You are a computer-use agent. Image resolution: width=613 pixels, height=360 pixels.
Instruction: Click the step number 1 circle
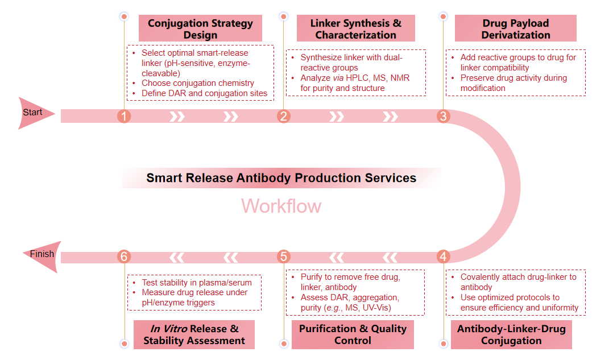pos(124,116)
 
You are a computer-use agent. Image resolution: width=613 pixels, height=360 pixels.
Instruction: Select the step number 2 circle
pos(284,116)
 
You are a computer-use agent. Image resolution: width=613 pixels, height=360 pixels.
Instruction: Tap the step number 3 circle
pos(443,116)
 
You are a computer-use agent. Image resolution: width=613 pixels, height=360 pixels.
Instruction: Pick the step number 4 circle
pos(443,256)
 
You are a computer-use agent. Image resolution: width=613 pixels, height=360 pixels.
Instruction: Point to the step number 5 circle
pos(284,256)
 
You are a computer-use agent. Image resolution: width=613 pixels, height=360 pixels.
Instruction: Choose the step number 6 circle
pos(124,256)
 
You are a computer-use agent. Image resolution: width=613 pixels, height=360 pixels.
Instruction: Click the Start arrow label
pos(33,113)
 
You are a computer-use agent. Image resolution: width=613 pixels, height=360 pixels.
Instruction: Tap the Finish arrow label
pos(42,254)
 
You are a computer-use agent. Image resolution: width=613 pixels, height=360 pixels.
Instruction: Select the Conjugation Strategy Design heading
pos(200,28)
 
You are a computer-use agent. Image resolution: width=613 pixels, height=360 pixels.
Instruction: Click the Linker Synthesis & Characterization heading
pos(355,28)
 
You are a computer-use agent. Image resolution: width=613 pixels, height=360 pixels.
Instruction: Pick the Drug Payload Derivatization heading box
pos(515,28)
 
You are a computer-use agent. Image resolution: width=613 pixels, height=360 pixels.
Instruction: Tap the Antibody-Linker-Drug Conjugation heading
pos(511,334)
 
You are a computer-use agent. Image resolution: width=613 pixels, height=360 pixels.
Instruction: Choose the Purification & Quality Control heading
pos(353,334)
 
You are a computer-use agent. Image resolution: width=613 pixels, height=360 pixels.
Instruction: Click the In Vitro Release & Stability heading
pos(194,334)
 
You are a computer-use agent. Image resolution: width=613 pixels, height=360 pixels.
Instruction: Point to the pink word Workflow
pos(281,205)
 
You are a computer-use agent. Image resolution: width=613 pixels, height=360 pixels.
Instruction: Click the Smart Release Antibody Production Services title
pos(281,177)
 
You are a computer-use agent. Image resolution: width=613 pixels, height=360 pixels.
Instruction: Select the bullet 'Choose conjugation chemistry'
pos(197,83)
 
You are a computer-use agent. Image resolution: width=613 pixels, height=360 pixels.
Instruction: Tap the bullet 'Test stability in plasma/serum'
pos(196,282)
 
